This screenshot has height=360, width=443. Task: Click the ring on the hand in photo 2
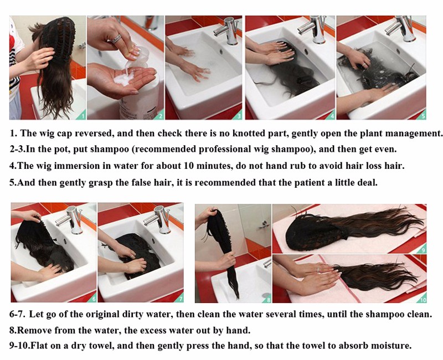(x=116, y=38)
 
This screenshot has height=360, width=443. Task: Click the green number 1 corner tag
(x=82, y=115)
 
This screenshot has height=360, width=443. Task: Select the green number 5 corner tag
(x=422, y=115)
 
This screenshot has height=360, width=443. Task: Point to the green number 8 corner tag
(x=267, y=299)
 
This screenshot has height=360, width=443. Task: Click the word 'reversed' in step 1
(x=93, y=133)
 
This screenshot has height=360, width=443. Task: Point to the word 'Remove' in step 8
(x=33, y=330)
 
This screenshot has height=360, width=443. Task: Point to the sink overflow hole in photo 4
(x=306, y=52)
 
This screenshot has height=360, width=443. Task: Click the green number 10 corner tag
(x=423, y=299)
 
